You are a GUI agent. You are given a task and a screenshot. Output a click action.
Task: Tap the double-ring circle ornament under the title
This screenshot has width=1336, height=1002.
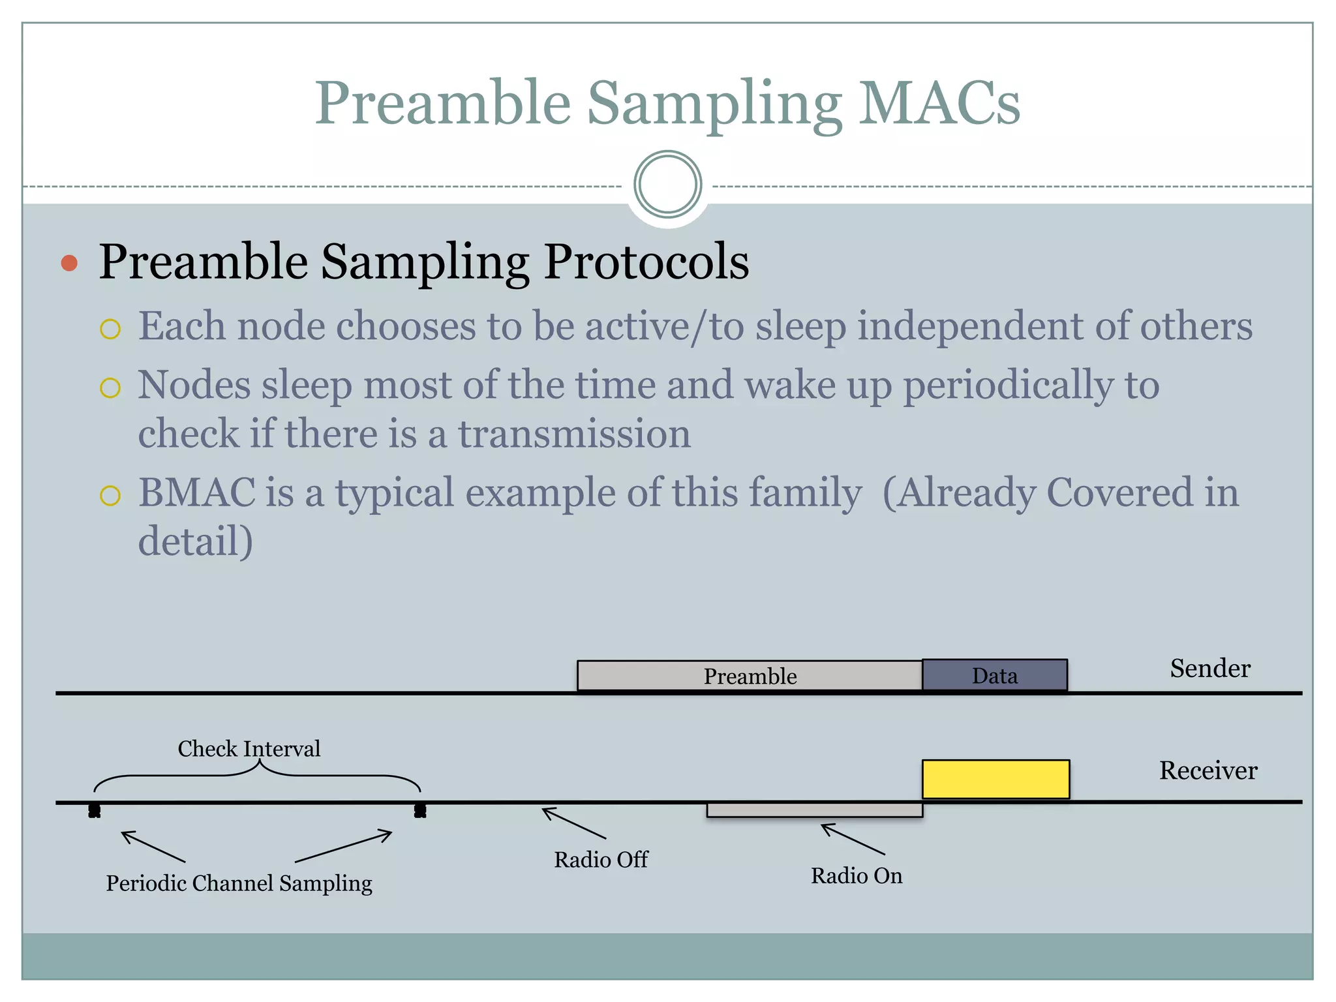(667, 185)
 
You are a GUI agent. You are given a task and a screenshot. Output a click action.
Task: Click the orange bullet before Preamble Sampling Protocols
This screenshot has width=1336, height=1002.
(69, 263)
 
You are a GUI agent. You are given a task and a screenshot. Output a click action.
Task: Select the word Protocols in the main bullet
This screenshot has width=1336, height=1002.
(646, 262)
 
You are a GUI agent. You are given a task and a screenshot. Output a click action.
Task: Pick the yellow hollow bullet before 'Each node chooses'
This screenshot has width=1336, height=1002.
(110, 329)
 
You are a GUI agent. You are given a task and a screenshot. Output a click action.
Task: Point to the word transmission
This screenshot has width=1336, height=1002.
(574, 434)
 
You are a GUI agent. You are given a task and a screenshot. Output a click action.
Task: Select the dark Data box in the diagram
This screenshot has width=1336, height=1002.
(994, 675)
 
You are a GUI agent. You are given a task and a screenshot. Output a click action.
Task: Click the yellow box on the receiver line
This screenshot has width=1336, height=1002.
(995, 779)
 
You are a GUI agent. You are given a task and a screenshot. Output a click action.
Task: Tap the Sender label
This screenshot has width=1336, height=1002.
(1209, 668)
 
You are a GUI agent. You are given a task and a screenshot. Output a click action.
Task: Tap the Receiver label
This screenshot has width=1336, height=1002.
(1207, 770)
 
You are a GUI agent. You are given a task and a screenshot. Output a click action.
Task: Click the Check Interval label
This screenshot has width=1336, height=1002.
(249, 748)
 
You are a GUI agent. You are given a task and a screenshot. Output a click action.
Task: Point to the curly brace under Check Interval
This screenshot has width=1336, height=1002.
(258, 773)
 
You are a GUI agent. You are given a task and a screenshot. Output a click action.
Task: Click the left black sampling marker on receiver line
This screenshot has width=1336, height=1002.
(95, 811)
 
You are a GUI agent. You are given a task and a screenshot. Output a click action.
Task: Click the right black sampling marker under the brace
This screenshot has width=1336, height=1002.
(420, 811)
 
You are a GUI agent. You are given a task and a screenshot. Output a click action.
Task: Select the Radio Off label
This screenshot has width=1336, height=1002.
(600, 859)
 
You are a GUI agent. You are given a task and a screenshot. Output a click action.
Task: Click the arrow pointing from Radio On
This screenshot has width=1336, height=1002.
(852, 839)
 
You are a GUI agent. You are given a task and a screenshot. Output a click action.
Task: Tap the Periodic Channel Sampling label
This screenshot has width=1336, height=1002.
(239, 883)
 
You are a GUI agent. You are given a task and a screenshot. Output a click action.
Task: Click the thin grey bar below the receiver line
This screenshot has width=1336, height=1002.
(814, 810)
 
